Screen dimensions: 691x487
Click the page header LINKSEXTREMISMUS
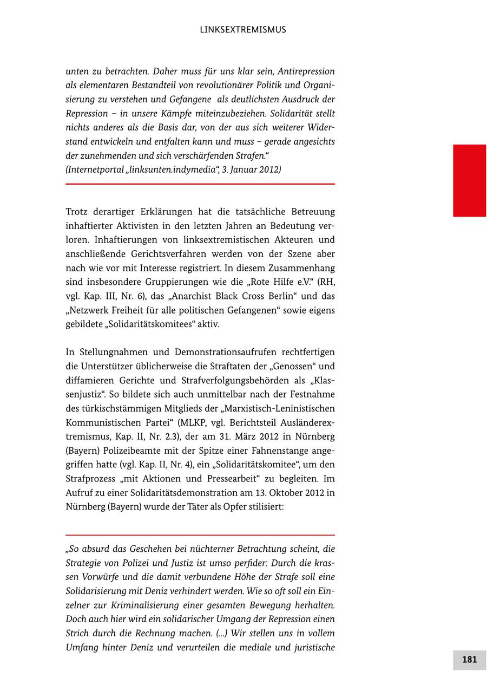click(x=243, y=30)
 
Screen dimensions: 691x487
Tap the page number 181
click(x=469, y=660)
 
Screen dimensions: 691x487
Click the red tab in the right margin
click(x=469, y=180)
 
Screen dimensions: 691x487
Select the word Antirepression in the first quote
click(x=305, y=71)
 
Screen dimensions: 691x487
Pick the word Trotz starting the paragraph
click(x=77, y=212)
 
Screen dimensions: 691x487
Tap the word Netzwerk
click(x=89, y=310)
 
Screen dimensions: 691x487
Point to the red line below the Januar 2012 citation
click(x=200, y=184)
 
